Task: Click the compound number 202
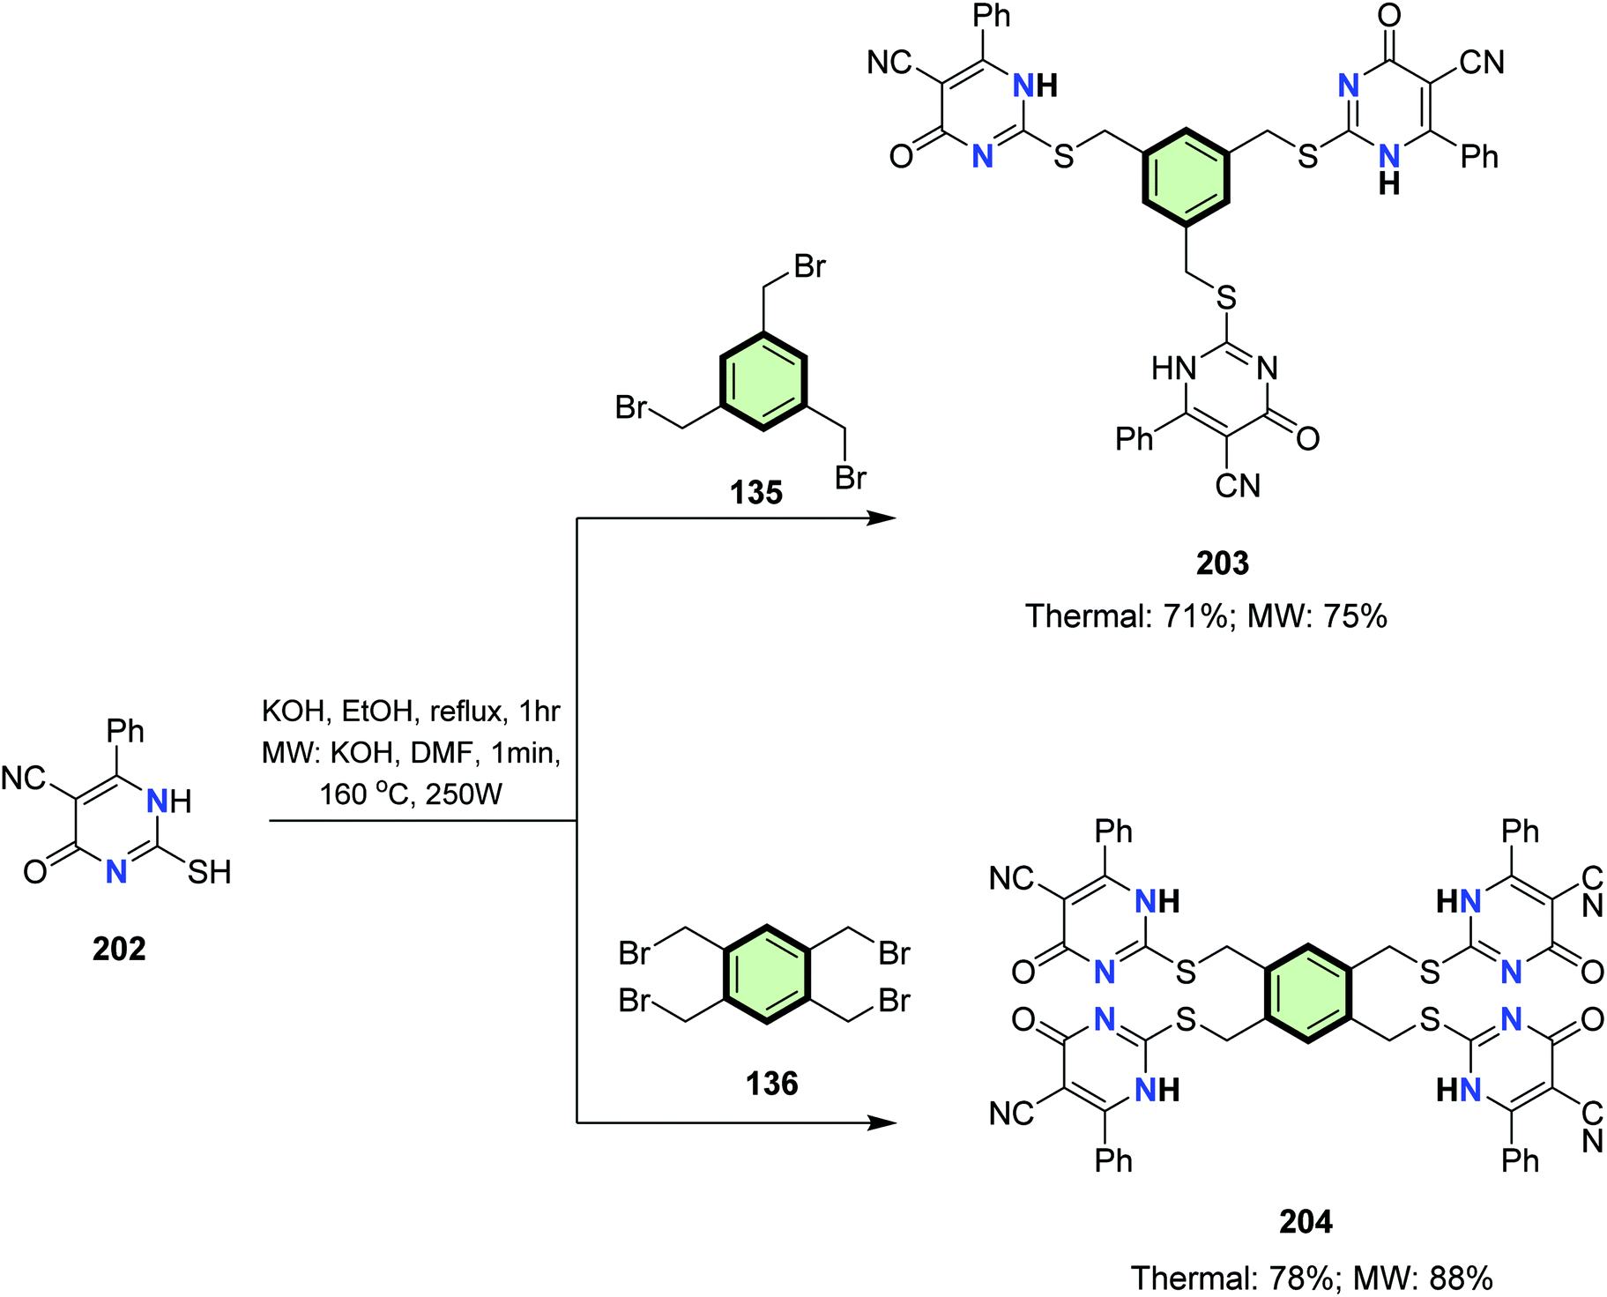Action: coord(119,949)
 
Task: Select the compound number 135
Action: coord(756,493)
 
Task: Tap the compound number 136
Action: coord(771,1084)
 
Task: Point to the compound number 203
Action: coord(1223,563)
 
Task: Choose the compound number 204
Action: coord(1306,1222)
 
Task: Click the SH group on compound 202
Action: coord(210,873)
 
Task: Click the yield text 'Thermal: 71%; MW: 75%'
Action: coord(1206,616)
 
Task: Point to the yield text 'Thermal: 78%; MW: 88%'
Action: coord(1312,1278)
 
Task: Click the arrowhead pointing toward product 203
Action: coord(883,518)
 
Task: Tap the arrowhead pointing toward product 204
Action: coord(883,1122)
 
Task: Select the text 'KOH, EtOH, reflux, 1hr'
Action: coord(411,711)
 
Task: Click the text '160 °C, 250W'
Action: coord(411,794)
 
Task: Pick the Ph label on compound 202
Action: coord(125,731)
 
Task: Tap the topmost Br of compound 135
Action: coord(809,266)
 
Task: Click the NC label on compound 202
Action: coord(23,779)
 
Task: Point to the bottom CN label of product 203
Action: coord(1238,486)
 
